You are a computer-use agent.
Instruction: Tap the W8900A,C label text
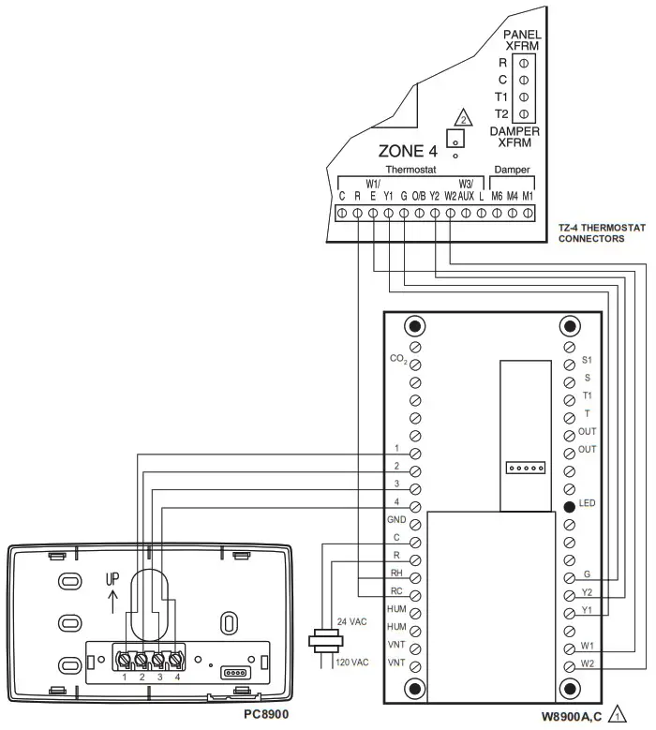[572, 715]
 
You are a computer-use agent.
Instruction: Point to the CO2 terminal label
[397, 359]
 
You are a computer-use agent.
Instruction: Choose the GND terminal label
[396, 519]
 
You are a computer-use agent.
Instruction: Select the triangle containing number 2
[460, 118]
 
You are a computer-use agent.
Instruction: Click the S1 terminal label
[588, 359]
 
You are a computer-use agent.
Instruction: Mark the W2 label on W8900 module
[588, 664]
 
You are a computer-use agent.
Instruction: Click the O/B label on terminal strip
[419, 197]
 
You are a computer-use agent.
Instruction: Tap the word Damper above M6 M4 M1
[512, 170]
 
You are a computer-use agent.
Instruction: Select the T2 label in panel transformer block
[502, 113]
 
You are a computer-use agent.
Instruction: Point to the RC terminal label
[396, 590]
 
